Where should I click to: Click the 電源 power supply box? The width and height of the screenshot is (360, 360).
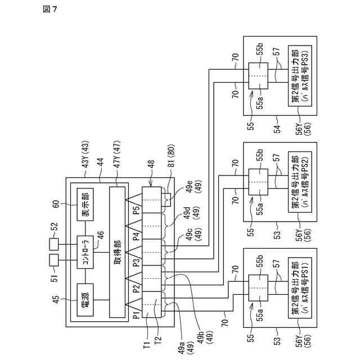point(85,300)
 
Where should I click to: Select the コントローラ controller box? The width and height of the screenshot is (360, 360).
point(85,252)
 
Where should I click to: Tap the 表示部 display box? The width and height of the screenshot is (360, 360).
point(85,204)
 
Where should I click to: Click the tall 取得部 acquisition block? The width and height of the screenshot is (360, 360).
point(118,252)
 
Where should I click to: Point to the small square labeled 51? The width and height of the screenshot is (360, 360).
point(54,260)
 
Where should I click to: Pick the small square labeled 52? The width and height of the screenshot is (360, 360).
point(54,244)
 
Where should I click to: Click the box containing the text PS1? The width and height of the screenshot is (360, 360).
point(300,287)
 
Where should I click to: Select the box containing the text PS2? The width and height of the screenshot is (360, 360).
point(300,182)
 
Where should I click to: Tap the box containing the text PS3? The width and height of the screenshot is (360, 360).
point(300,76)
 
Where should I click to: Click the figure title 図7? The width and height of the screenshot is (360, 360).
point(50,9)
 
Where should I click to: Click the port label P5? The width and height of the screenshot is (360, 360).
point(137,210)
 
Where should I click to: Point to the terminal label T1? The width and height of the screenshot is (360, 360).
point(147,344)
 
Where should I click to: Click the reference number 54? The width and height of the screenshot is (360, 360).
point(277,129)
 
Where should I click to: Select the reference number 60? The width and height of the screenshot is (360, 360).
point(56,204)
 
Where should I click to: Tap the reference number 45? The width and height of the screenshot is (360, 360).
point(56,299)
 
